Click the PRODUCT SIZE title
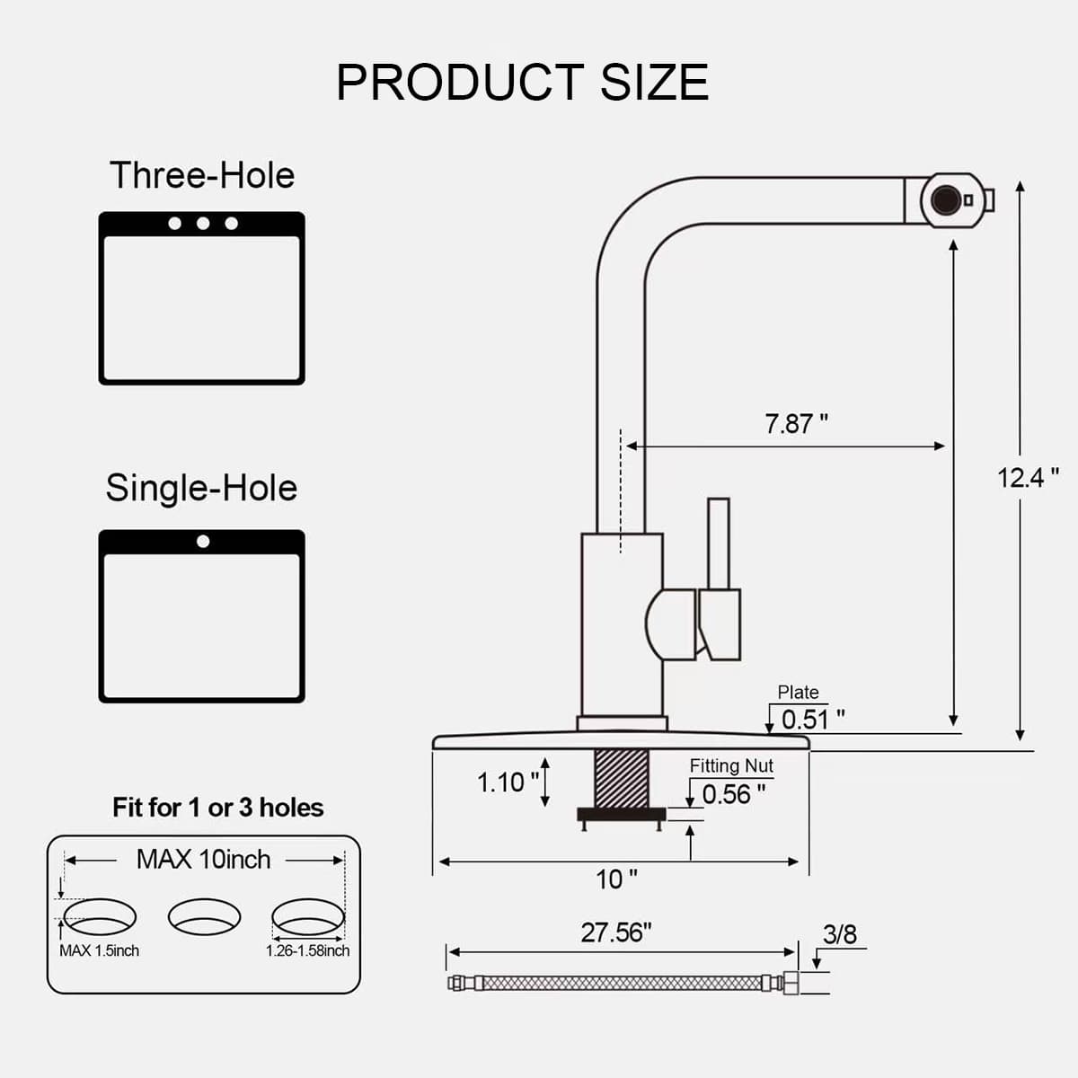[x=523, y=83]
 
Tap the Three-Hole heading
[x=202, y=175]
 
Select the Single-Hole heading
[x=201, y=488]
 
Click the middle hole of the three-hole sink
[x=203, y=224]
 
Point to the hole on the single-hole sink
[x=203, y=541]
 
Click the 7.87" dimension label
[x=796, y=423]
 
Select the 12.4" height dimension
[x=1029, y=478]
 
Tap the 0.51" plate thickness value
[x=813, y=720]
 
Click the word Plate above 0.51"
[x=798, y=692]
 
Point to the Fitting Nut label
[x=731, y=766]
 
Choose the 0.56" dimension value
[x=733, y=794]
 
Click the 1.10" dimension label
[x=508, y=782]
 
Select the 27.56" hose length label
[x=616, y=932]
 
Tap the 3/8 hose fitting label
[x=839, y=933]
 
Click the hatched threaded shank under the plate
[x=622, y=779]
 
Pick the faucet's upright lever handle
[x=719, y=543]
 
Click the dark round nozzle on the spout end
[x=945, y=200]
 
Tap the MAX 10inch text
[x=204, y=860]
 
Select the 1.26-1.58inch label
[x=307, y=950]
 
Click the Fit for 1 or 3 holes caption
[x=218, y=808]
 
